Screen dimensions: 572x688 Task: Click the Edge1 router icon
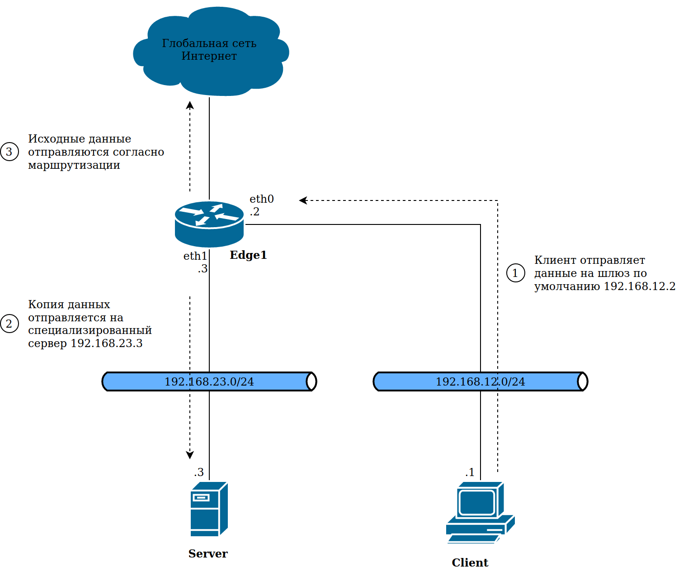click(209, 224)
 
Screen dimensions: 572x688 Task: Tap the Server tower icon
click(209, 509)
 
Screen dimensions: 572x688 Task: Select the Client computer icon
click(480, 512)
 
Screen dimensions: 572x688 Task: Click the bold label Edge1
click(248, 255)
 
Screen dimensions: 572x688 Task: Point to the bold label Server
click(208, 554)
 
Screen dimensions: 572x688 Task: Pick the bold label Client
click(470, 563)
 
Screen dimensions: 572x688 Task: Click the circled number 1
click(515, 273)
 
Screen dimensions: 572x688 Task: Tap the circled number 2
click(9, 324)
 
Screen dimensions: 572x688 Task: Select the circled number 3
click(9, 152)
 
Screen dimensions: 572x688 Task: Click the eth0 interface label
click(261, 199)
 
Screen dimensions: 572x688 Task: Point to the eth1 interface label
click(195, 256)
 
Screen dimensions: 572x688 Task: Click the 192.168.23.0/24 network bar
click(209, 381)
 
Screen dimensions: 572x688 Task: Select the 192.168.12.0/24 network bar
click(480, 381)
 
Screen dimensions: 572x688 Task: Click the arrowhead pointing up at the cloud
click(190, 105)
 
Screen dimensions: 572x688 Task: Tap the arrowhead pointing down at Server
click(190, 455)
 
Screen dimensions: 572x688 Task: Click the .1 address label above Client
click(470, 472)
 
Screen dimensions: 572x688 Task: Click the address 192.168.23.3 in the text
click(107, 343)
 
